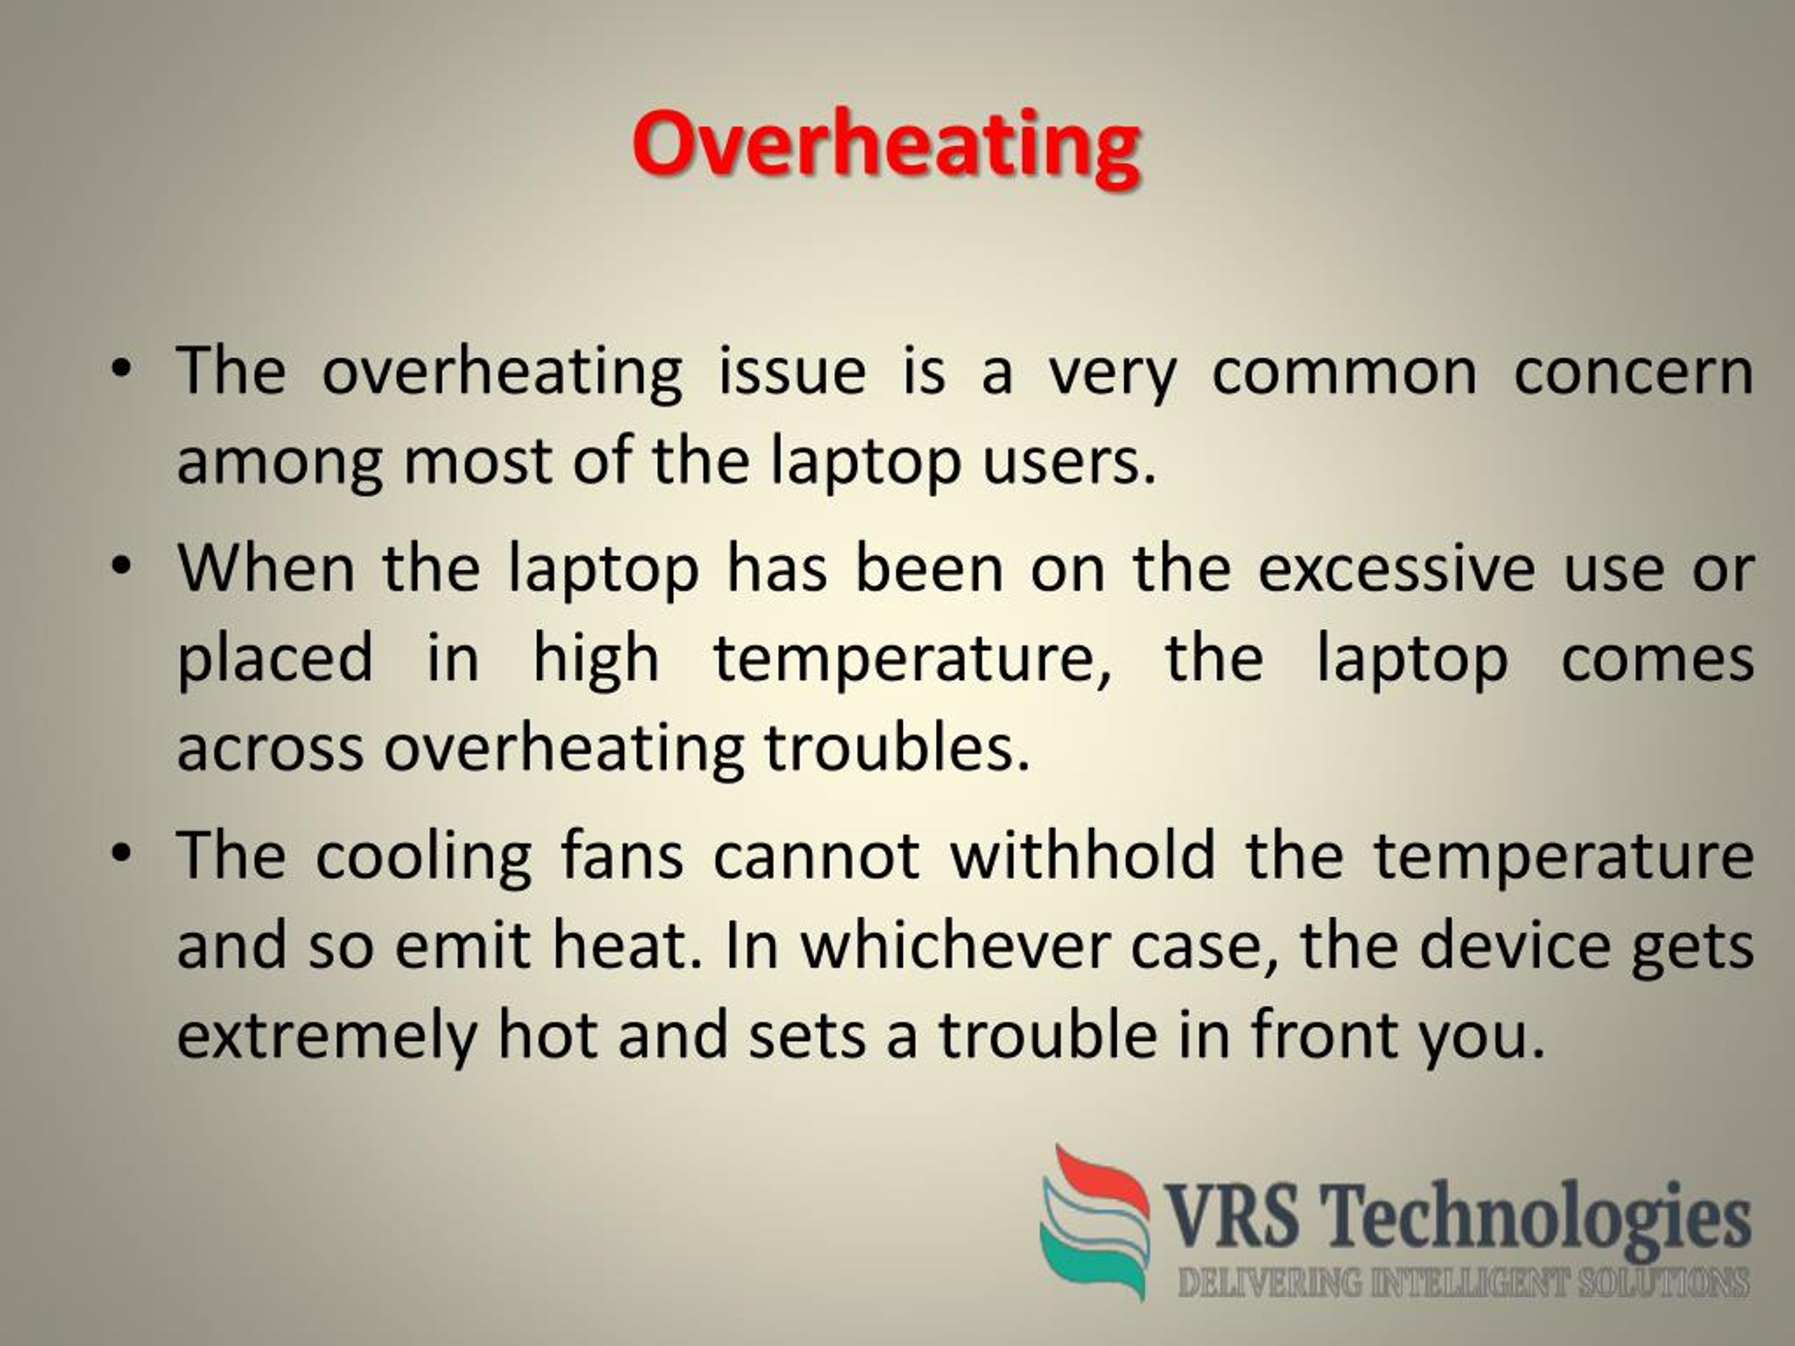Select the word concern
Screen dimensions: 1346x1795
1634,372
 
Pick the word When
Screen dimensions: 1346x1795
266,568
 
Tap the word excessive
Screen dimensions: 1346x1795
1396,568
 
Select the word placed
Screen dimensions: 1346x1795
275,659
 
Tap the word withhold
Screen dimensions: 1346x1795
1083,855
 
